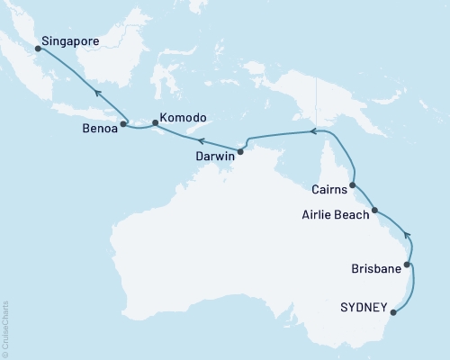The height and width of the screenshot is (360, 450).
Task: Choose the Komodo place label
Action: click(184, 118)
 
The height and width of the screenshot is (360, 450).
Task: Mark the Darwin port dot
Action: click(239, 149)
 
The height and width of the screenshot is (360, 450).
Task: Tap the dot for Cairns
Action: click(353, 185)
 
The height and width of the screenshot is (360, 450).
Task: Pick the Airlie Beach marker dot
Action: click(374, 210)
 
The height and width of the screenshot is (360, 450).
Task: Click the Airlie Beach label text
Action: click(334, 216)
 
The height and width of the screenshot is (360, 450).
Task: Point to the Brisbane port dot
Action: click(409, 265)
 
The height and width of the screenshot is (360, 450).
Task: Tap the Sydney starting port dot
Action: click(393, 313)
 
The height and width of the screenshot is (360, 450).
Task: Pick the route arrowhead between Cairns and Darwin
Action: click(313, 131)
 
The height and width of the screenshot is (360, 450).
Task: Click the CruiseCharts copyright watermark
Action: click(4, 328)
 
